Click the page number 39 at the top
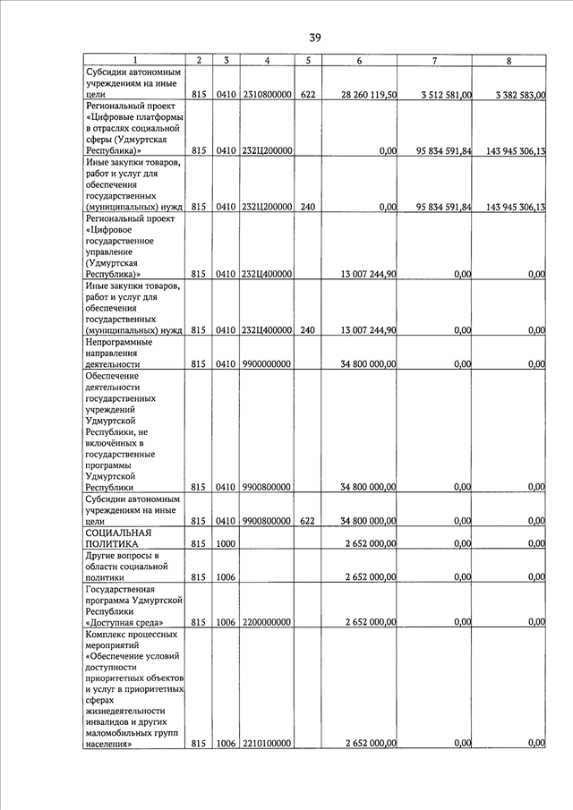[x=315, y=38]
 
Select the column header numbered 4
[x=267, y=61]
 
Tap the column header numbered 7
[x=433, y=61]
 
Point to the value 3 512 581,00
[x=445, y=94]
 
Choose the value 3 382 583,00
[x=518, y=94]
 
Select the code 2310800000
[x=267, y=94]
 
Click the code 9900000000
[x=267, y=364]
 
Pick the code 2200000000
[x=267, y=622]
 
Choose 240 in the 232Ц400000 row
[x=307, y=330]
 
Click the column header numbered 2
[x=199, y=61]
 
